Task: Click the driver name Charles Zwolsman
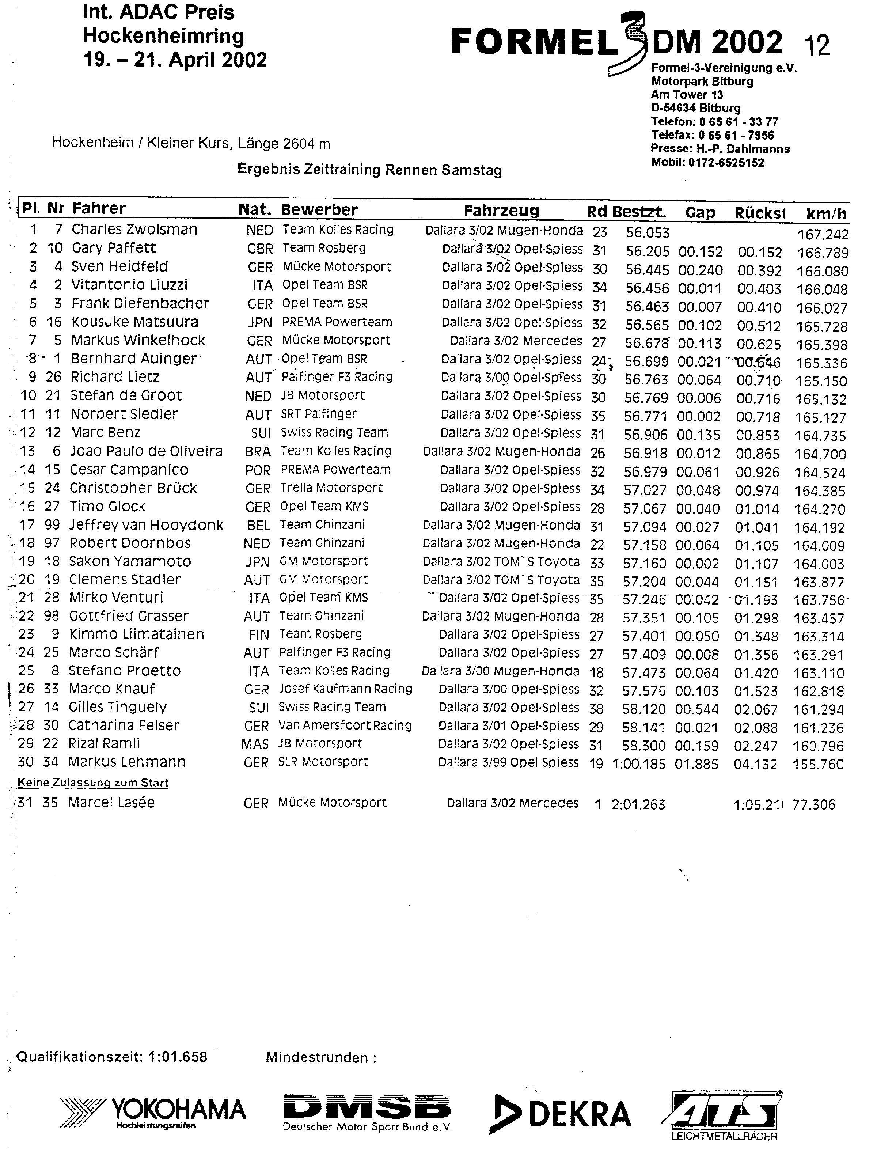pyautogui.click(x=134, y=230)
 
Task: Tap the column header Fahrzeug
pyautogui.click(x=501, y=211)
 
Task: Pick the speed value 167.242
pyautogui.click(x=823, y=235)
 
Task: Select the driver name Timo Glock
pyautogui.click(x=107, y=507)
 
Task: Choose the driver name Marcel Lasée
pyautogui.click(x=111, y=803)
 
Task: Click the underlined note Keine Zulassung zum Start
pyautogui.click(x=93, y=783)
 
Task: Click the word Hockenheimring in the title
pyautogui.click(x=163, y=36)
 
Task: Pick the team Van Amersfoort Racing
pyautogui.click(x=345, y=725)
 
